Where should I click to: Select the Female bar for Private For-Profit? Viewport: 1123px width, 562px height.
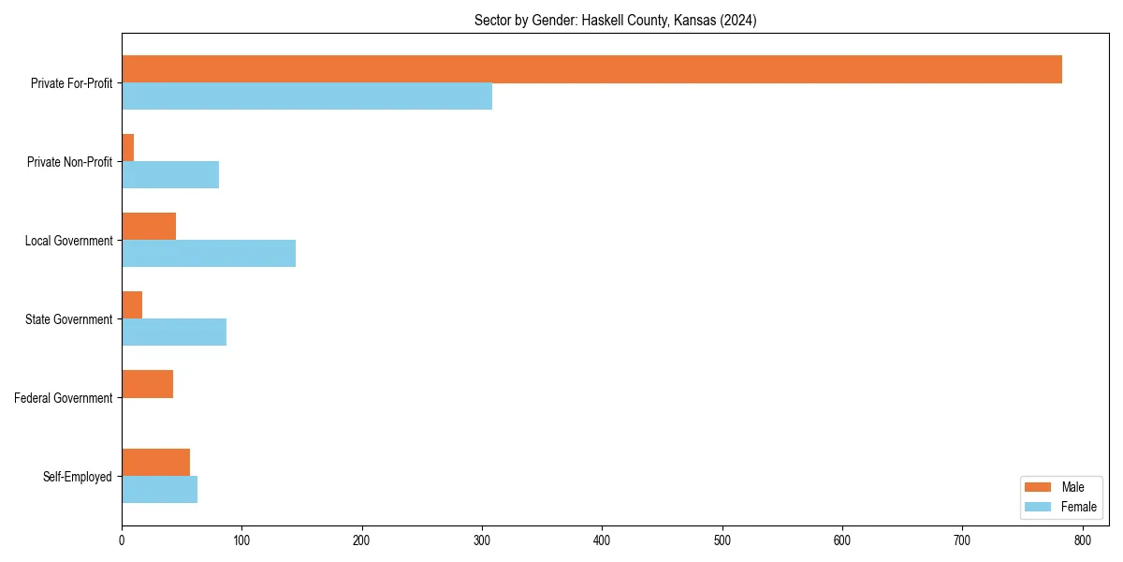click(x=307, y=96)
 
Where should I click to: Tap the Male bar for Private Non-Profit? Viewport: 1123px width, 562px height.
click(x=128, y=148)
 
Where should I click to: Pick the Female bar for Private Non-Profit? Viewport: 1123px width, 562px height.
click(x=170, y=175)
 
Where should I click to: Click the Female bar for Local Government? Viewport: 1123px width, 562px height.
click(x=209, y=254)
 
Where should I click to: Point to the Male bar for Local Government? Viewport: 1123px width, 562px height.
click(x=149, y=227)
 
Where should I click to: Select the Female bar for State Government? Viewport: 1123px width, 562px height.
click(x=174, y=333)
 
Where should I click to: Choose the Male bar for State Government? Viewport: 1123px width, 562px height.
click(x=132, y=305)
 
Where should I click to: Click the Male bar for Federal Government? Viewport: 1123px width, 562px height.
click(x=147, y=384)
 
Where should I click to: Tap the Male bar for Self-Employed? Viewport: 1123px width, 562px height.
click(x=155, y=463)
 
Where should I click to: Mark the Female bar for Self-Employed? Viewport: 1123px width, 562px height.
click(x=159, y=490)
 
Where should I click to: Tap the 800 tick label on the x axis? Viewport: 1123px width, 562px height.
click(x=1082, y=540)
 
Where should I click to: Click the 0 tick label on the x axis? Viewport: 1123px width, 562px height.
click(x=122, y=540)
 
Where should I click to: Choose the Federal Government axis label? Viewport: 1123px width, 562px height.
click(x=64, y=398)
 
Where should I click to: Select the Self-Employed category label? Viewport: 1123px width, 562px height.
click(x=78, y=477)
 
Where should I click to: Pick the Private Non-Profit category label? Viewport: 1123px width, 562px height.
click(x=69, y=162)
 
